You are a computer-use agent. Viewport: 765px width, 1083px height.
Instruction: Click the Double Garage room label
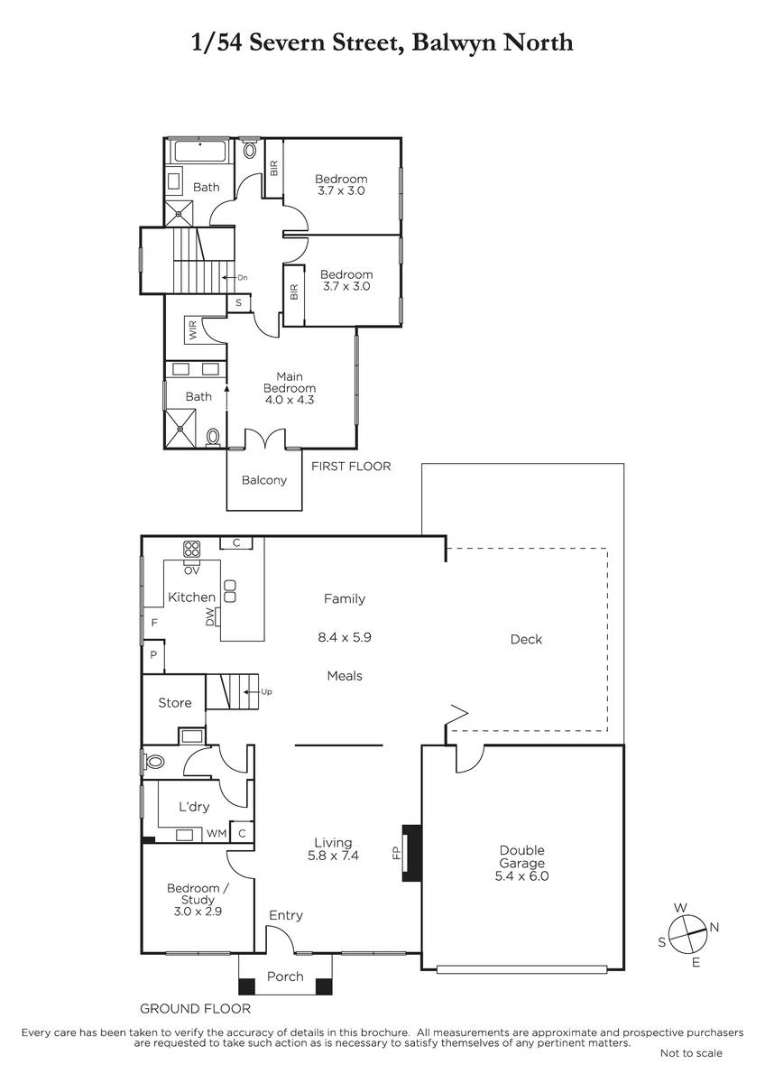point(521,856)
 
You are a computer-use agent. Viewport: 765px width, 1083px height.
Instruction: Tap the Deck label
point(526,639)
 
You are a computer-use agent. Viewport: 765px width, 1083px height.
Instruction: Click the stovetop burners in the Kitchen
point(191,549)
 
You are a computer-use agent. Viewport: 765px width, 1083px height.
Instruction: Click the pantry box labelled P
point(153,655)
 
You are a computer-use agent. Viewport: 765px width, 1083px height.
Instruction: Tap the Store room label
point(174,702)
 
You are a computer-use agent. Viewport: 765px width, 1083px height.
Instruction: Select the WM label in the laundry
point(217,833)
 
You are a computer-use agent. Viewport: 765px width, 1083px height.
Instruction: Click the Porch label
point(285,977)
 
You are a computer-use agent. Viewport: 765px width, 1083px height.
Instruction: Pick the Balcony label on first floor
point(263,480)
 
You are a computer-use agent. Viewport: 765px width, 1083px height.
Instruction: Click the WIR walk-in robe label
point(193,329)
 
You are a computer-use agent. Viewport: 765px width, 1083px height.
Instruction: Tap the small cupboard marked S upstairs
point(239,303)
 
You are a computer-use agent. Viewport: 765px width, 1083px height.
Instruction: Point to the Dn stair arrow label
point(242,278)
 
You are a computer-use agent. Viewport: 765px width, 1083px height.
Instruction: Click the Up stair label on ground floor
point(266,691)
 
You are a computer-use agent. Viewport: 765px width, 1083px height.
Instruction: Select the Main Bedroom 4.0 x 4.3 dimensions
point(290,399)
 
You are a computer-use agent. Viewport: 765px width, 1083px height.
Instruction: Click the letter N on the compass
point(714,927)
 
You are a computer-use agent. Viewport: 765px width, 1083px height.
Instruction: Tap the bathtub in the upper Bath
point(200,151)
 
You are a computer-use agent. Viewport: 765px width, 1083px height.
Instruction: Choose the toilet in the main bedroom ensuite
point(213,438)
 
